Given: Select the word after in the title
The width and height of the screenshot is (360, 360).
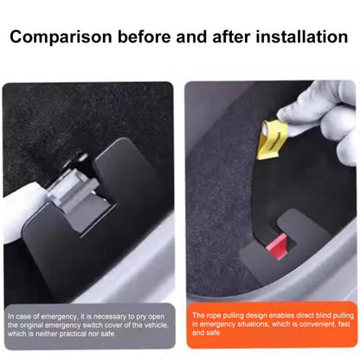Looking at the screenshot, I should (x=235, y=38).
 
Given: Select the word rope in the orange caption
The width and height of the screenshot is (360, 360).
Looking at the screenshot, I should (x=213, y=315).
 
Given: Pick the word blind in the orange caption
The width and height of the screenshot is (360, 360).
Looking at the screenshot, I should (x=319, y=315).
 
